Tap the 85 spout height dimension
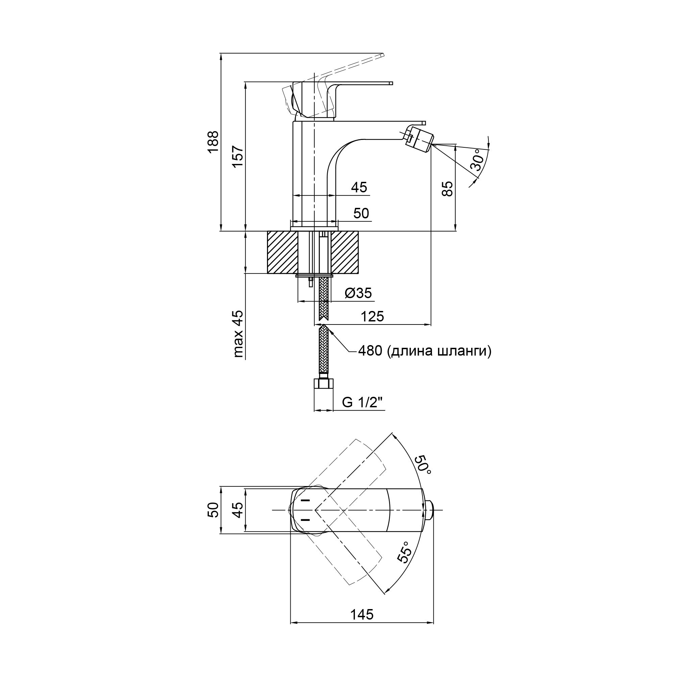click(448, 189)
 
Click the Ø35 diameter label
click(358, 293)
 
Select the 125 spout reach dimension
click(372, 316)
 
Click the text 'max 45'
click(238, 334)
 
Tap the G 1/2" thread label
click(363, 403)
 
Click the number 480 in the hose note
click(370, 351)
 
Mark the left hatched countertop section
click(282, 252)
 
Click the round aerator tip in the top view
click(430, 510)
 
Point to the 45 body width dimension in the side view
click(359, 187)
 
